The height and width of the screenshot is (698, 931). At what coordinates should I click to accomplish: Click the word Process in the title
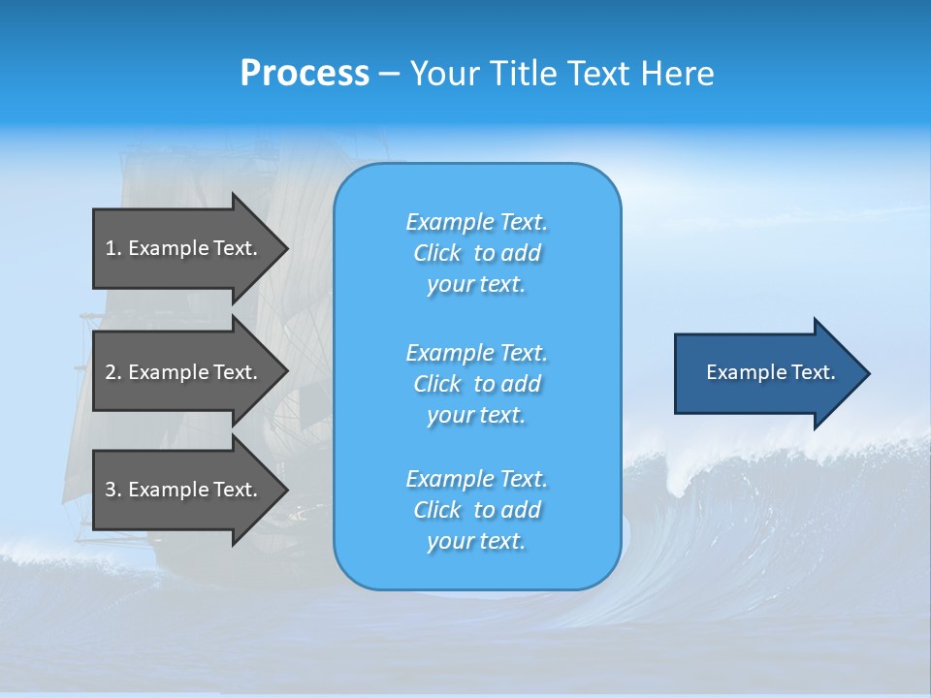pos(305,74)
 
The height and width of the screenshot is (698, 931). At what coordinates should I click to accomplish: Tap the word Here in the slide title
pos(679,74)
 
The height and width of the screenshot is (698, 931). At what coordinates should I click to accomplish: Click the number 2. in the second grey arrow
pos(112,372)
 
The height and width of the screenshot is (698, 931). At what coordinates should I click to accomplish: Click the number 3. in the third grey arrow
pos(112,490)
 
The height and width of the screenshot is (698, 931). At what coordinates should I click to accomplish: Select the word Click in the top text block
pos(436,254)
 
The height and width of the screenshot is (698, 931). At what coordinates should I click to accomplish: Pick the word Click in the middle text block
pos(436,385)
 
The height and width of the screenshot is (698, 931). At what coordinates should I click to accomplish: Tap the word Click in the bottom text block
pos(436,511)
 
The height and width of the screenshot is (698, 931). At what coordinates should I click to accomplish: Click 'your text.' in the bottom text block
pos(476,542)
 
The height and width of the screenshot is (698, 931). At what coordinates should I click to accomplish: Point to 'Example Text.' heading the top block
pos(476,223)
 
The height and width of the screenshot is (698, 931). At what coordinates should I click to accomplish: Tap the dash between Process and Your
pos(390,74)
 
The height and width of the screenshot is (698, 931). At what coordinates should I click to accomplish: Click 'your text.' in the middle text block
pos(476,416)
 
